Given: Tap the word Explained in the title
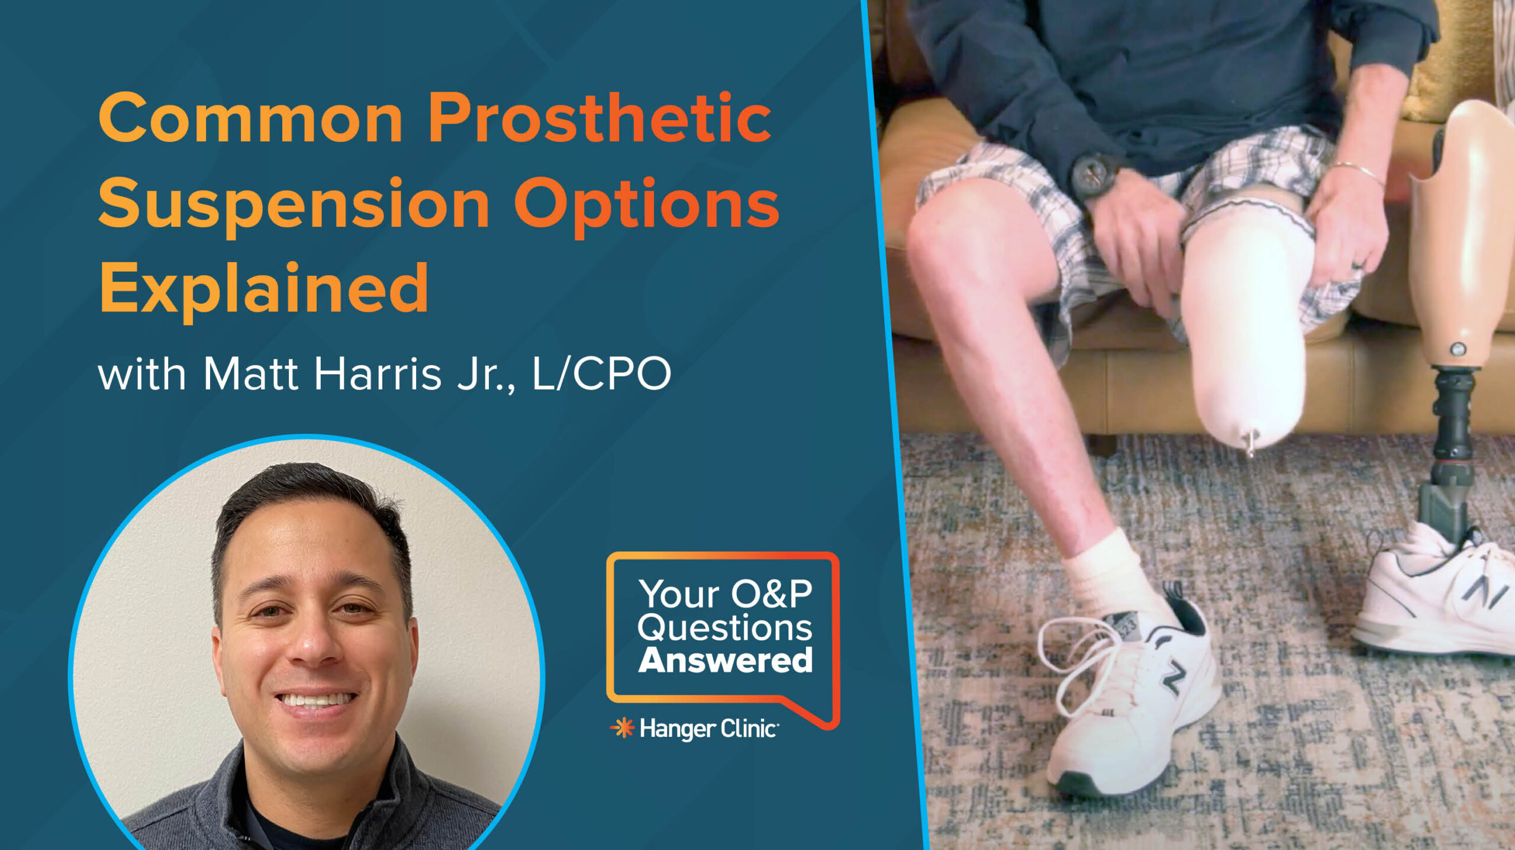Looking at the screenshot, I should [x=263, y=289].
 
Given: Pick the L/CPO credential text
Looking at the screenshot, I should [x=601, y=375].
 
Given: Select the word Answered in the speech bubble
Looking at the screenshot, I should [x=725, y=661].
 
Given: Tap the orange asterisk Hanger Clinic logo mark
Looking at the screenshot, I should [x=623, y=728].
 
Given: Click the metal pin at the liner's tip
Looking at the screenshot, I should [x=1249, y=443].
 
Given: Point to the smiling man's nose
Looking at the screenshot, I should [x=315, y=642].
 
